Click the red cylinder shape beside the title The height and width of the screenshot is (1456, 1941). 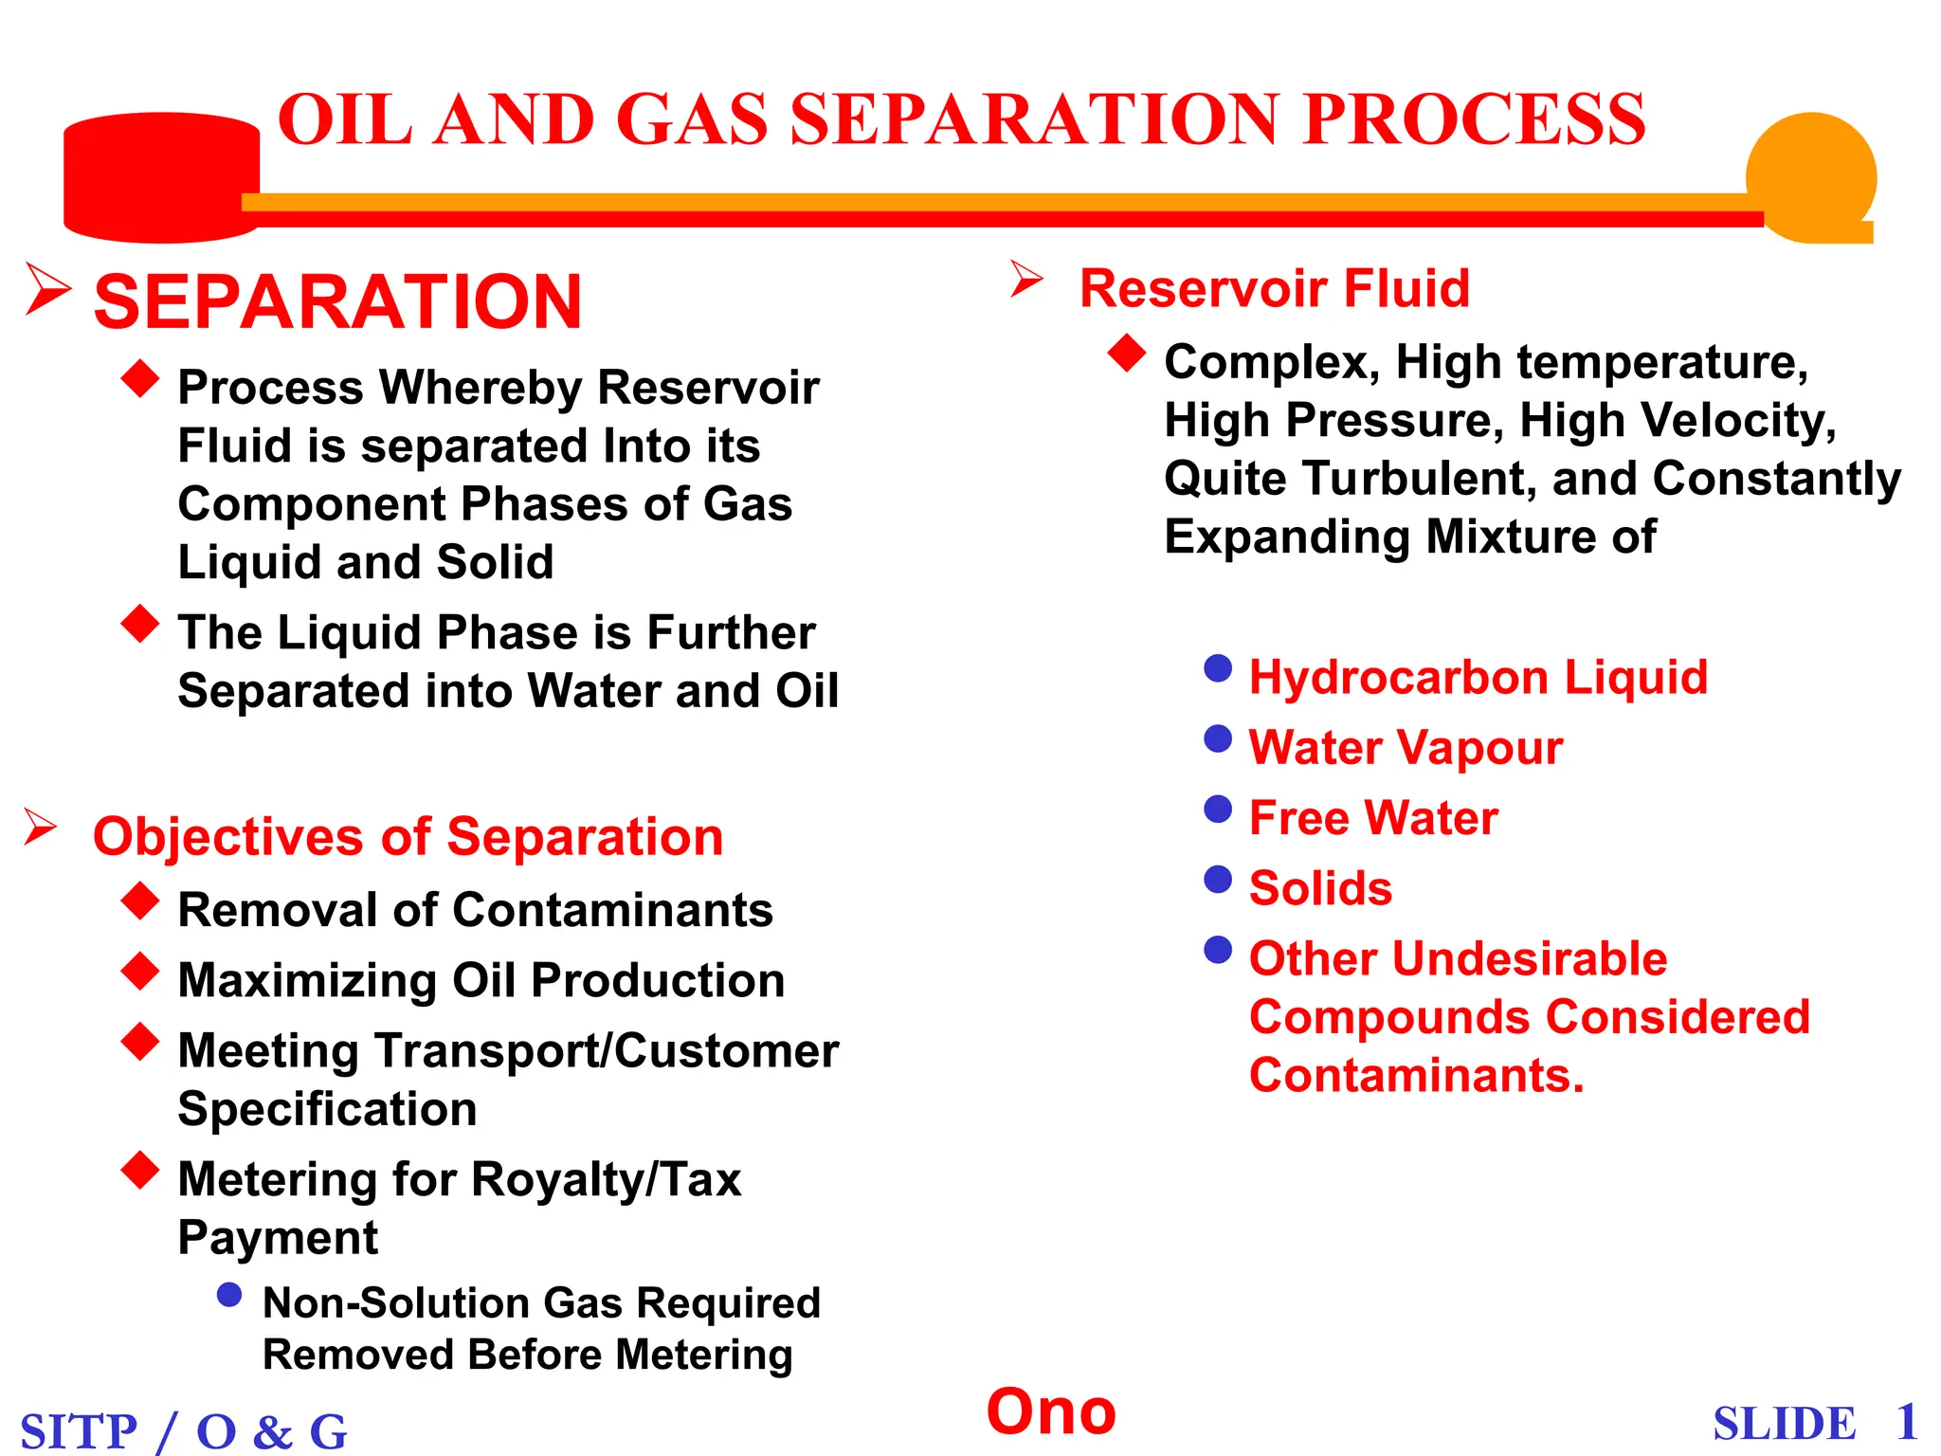161,177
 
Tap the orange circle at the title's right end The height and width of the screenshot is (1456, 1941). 1810,175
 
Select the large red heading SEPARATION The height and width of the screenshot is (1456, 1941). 337,302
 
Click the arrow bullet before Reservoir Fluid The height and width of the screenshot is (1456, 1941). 1025,280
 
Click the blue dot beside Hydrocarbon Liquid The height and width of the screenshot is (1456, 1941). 1218,668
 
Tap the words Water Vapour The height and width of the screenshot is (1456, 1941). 1406,748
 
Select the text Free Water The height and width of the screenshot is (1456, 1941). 1373,818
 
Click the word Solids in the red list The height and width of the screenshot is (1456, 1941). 1320,888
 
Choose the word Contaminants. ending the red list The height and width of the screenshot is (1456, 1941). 1416,1076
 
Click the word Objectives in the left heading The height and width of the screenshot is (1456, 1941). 228,838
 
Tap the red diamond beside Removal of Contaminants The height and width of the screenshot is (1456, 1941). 140,901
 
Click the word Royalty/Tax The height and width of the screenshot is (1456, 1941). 606,1180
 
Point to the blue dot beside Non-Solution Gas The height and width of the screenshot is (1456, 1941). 229,1295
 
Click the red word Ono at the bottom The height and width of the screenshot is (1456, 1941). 1051,1411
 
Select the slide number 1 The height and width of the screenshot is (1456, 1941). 1907,1422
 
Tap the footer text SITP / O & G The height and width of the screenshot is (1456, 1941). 184,1430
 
